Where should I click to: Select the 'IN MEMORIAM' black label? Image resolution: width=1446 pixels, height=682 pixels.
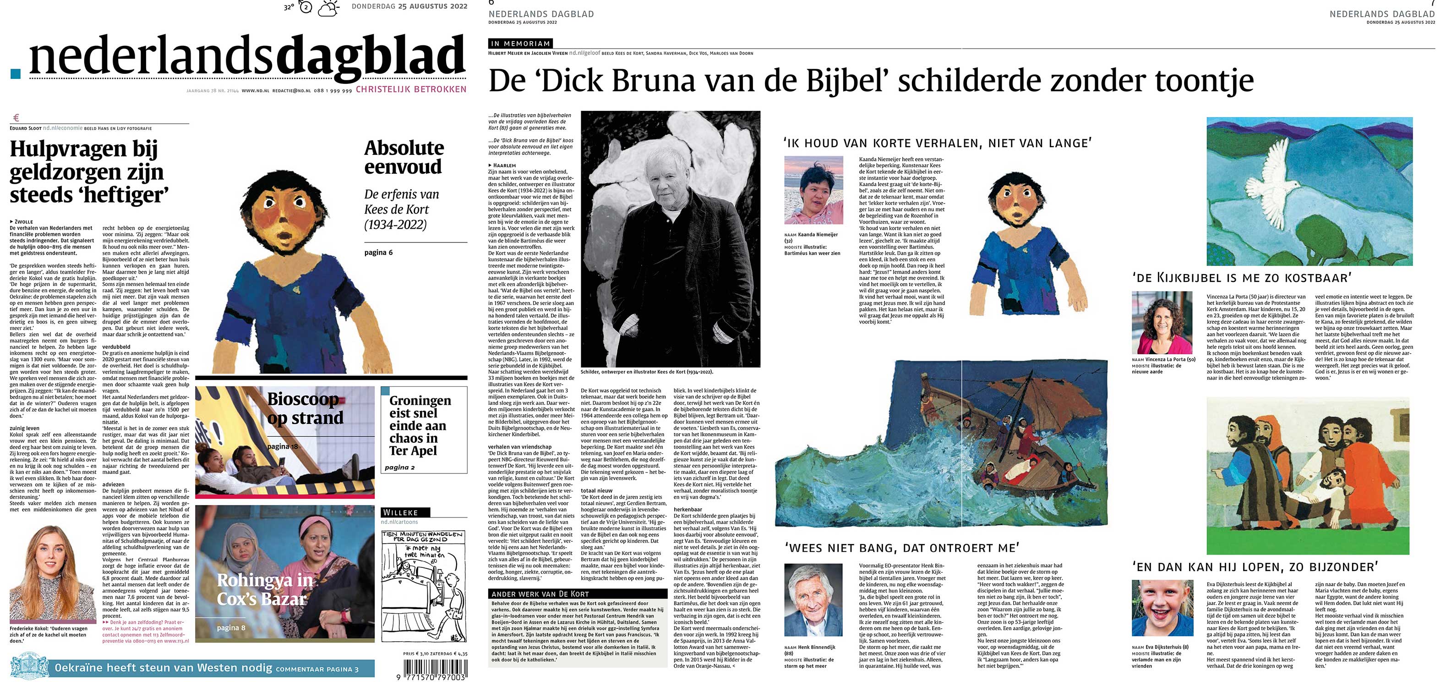[x=520, y=43]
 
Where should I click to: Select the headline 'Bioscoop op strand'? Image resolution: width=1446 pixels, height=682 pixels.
[x=305, y=408]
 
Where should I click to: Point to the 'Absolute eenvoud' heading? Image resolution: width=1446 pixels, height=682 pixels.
[x=404, y=157]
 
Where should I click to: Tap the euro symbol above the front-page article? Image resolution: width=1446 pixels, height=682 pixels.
[x=16, y=118]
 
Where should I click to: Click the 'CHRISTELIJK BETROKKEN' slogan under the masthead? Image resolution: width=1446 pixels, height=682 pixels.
[x=411, y=89]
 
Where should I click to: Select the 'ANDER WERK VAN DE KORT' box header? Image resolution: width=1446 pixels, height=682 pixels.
[x=540, y=594]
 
